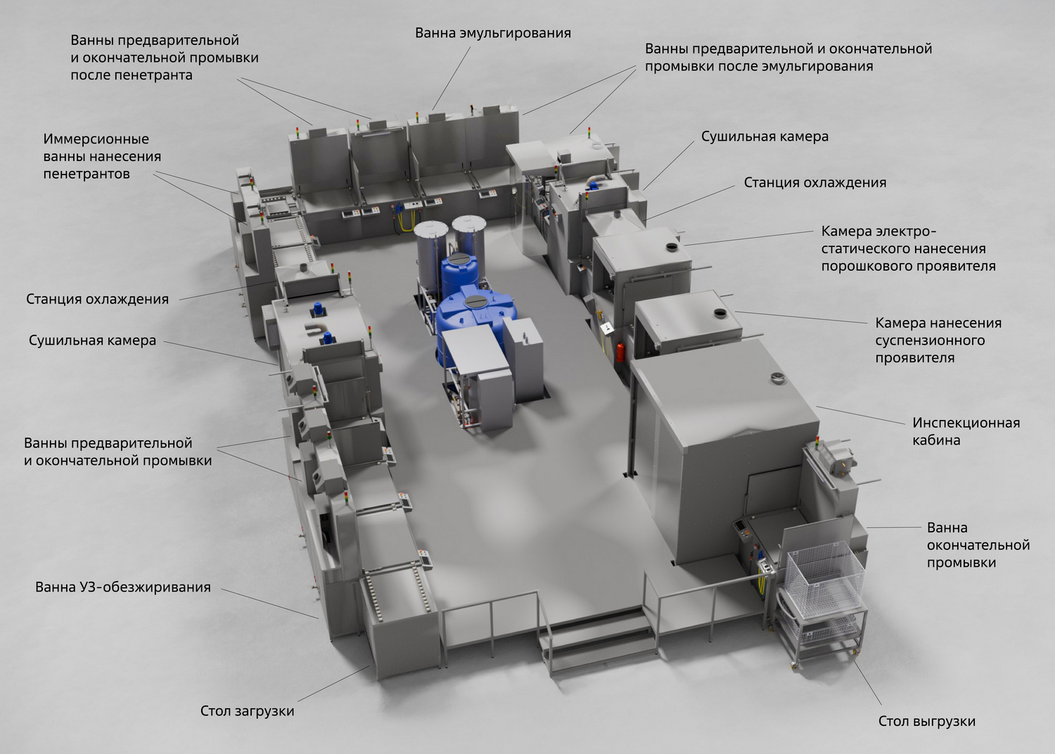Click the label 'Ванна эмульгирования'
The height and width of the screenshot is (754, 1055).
pyautogui.click(x=492, y=34)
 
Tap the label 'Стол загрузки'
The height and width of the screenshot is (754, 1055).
pyautogui.click(x=248, y=710)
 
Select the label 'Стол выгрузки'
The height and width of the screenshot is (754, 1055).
pyautogui.click(x=927, y=721)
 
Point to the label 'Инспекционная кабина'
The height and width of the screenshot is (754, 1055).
pyautogui.click(x=966, y=431)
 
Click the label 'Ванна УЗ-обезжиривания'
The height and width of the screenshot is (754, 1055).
pyautogui.click(x=123, y=587)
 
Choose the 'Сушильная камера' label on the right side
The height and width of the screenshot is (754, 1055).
pyautogui.click(x=765, y=136)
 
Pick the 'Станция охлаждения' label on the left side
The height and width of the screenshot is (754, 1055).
pyautogui.click(x=97, y=299)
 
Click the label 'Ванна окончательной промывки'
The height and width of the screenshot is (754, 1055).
pyautogui.click(x=978, y=545)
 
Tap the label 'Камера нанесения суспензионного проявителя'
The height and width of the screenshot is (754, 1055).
pyautogui.click(x=938, y=340)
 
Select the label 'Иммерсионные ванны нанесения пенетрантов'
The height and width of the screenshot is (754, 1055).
pyautogui.click(x=102, y=156)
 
